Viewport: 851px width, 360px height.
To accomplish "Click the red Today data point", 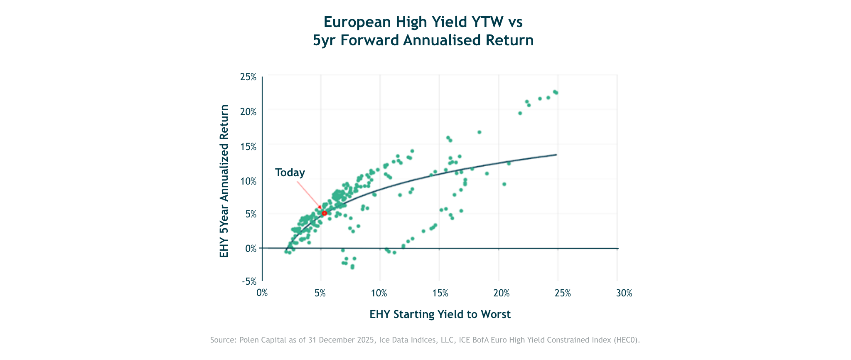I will [x=325, y=213].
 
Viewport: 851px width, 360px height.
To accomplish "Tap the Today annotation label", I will [x=290, y=173].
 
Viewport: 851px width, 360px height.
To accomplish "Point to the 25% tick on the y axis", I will [x=248, y=77].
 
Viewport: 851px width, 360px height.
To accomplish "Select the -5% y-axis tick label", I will [x=248, y=282].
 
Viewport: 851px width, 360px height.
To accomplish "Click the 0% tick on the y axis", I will [x=251, y=248].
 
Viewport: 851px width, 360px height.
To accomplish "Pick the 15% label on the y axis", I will [x=248, y=146].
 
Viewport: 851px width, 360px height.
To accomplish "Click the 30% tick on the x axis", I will [x=624, y=293].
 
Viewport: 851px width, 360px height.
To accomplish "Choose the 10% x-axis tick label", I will [x=379, y=293].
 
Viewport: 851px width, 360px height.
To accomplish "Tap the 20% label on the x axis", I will [x=502, y=293].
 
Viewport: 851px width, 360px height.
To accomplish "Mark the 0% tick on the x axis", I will [x=262, y=293].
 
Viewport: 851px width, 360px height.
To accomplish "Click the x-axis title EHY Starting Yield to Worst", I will [x=440, y=314].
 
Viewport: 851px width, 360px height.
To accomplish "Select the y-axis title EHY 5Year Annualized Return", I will [x=224, y=181].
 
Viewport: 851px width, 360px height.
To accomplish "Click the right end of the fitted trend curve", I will [x=556, y=155].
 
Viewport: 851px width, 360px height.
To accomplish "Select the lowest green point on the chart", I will [x=352, y=267].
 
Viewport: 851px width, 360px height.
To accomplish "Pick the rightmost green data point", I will [x=556, y=93].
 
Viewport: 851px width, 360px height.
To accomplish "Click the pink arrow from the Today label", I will [x=308, y=193].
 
